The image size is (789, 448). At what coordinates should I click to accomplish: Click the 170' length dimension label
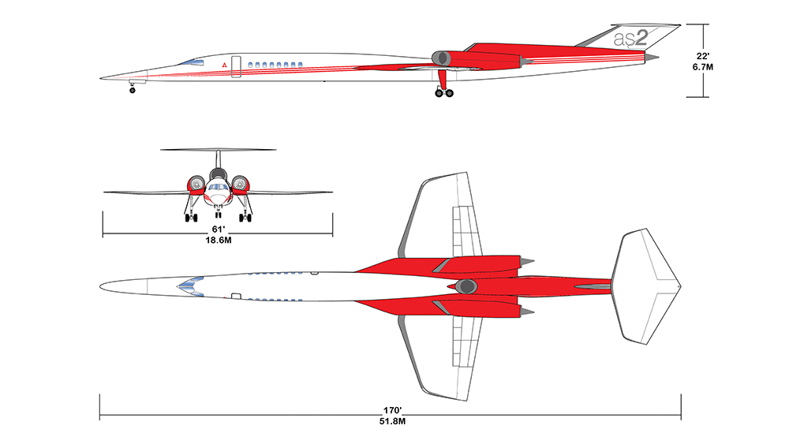(392, 410)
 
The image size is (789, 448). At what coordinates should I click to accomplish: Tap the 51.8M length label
(392, 421)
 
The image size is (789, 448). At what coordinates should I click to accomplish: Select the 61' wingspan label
(218, 230)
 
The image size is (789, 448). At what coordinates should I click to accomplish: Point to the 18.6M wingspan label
(219, 241)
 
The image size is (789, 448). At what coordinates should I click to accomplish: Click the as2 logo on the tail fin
(630, 38)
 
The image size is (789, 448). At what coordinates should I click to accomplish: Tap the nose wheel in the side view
(133, 91)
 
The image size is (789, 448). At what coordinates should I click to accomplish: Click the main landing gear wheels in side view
(444, 93)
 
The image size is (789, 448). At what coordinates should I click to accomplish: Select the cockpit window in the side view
(193, 62)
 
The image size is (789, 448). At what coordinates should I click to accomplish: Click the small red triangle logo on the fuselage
(224, 66)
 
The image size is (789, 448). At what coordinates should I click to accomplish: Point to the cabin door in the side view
(236, 67)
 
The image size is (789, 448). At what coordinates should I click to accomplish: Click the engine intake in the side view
(441, 58)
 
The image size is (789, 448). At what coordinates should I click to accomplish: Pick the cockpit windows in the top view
(190, 286)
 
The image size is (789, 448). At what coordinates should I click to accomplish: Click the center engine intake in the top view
(466, 286)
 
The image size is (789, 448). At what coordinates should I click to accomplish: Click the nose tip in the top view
(100, 286)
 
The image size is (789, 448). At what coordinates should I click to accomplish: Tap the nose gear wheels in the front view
(218, 215)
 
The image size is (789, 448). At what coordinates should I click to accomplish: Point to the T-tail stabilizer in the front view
(218, 150)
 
